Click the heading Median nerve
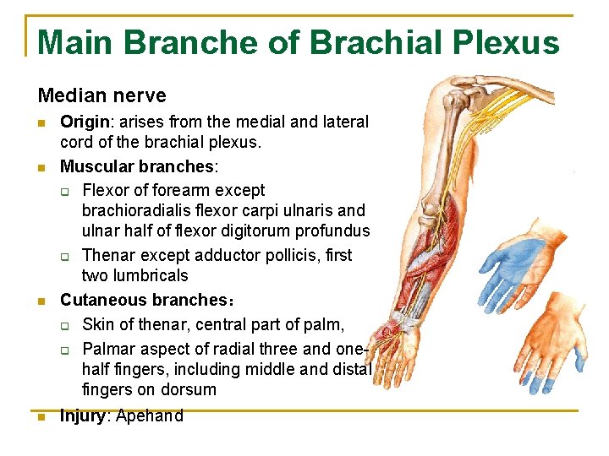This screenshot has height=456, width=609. [x=101, y=96]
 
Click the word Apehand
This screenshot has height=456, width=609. [x=150, y=415]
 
